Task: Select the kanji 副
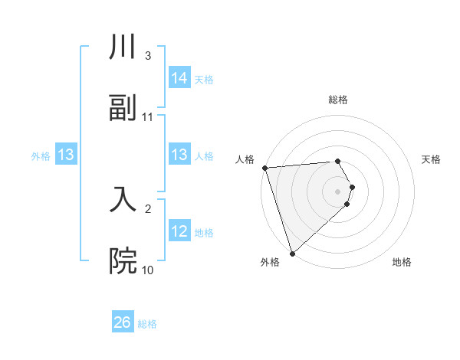click(123, 108)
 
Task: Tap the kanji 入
click(123, 200)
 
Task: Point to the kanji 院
click(123, 261)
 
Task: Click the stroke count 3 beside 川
click(147, 56)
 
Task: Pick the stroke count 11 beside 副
click(148, 117)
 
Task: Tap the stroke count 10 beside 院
click(148, 270)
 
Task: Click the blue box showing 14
click(179, 78)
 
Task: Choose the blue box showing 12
click(179, 231)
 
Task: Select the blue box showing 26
click(123, 322)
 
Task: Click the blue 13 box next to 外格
click(65, 155)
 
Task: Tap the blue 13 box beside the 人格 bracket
click(179, 155)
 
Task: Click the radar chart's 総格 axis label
click(338, 100)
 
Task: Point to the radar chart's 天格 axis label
click(431, 159)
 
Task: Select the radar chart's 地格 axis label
click(402, 262)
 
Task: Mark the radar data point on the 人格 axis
click(264, 168)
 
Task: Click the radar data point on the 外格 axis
click(292, 253)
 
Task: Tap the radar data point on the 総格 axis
click(338, 161)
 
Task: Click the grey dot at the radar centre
click(338, 191)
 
